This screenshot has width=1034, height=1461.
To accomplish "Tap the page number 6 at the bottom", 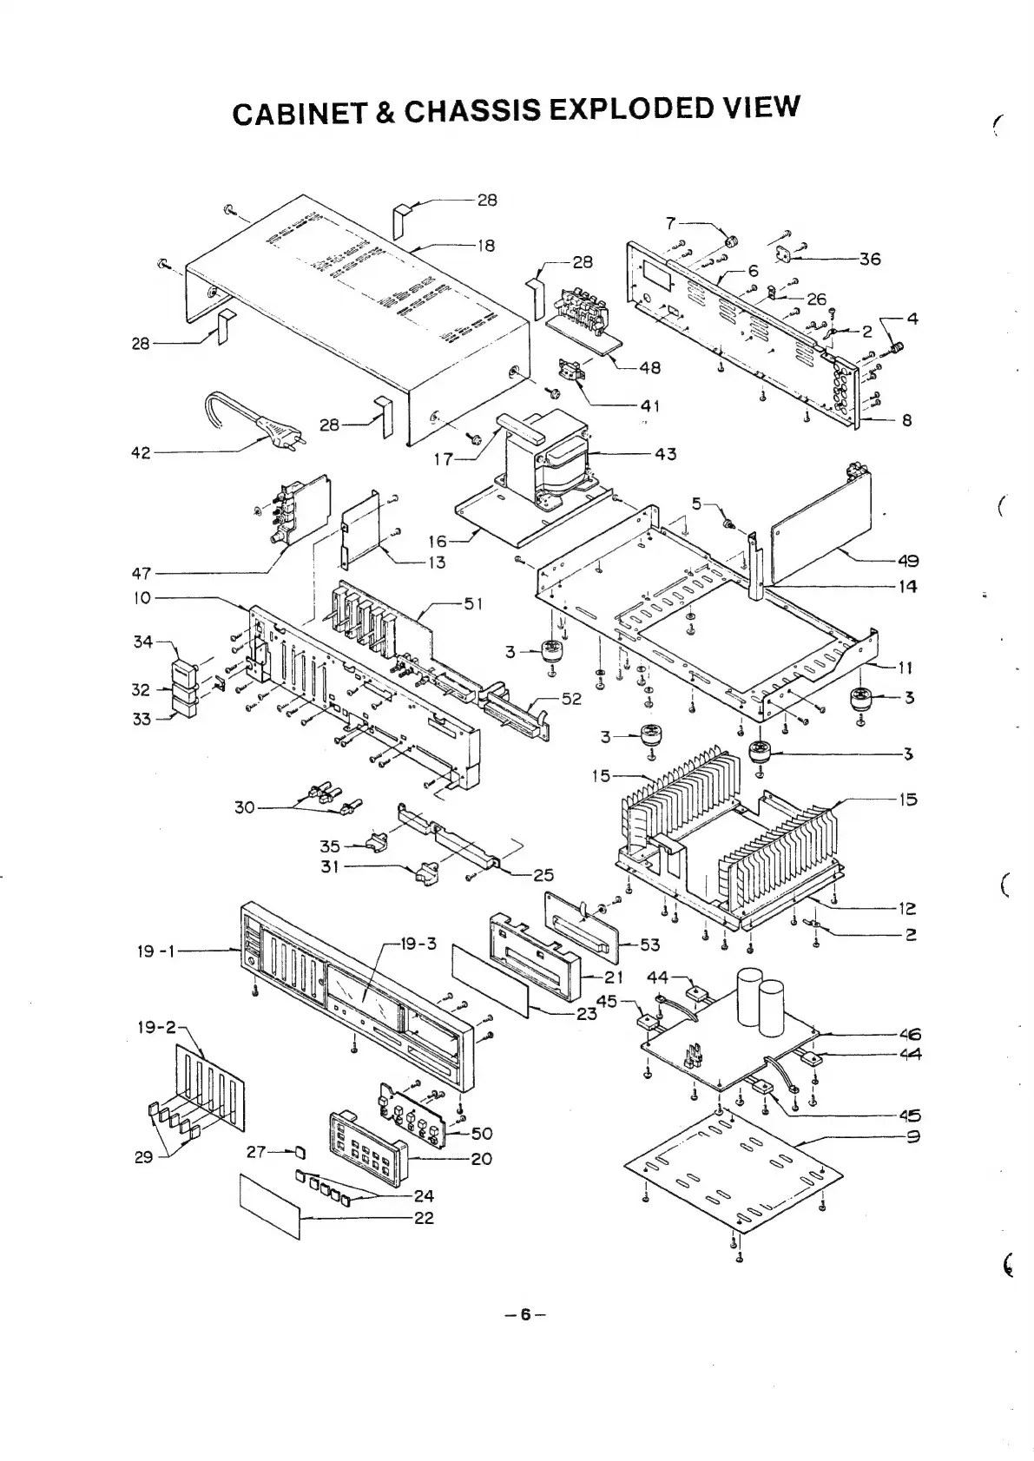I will tap(524, 1314).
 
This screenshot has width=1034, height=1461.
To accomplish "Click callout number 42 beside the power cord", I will tap(141, 453).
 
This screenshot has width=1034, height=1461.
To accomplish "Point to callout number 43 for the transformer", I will tap(666, 454).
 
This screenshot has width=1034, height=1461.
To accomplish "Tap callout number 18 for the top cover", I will tap(486, 246).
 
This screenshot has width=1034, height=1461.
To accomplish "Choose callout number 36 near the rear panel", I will tap(869, 259).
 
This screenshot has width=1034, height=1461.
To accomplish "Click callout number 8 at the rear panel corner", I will tap(906, 420).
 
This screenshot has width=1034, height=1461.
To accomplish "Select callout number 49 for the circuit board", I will tap(908, 561).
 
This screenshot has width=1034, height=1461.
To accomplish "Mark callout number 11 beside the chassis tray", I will tap(906, 668).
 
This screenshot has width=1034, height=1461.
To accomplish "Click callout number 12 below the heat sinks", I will tap(906, 909).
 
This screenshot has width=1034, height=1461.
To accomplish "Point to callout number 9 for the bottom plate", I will tap(912, 1137).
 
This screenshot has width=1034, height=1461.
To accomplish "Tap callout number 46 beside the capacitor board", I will tap(910, 1034).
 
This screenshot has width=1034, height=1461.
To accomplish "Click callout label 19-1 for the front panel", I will tap(156, 951).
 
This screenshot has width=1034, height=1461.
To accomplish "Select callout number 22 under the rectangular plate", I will tap(424, 1218).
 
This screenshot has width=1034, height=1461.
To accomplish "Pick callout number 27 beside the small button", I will tap(256, 1152).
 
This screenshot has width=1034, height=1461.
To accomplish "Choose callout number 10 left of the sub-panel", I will tap(142, 597).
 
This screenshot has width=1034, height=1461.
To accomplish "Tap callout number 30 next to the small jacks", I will tap(244, 807).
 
